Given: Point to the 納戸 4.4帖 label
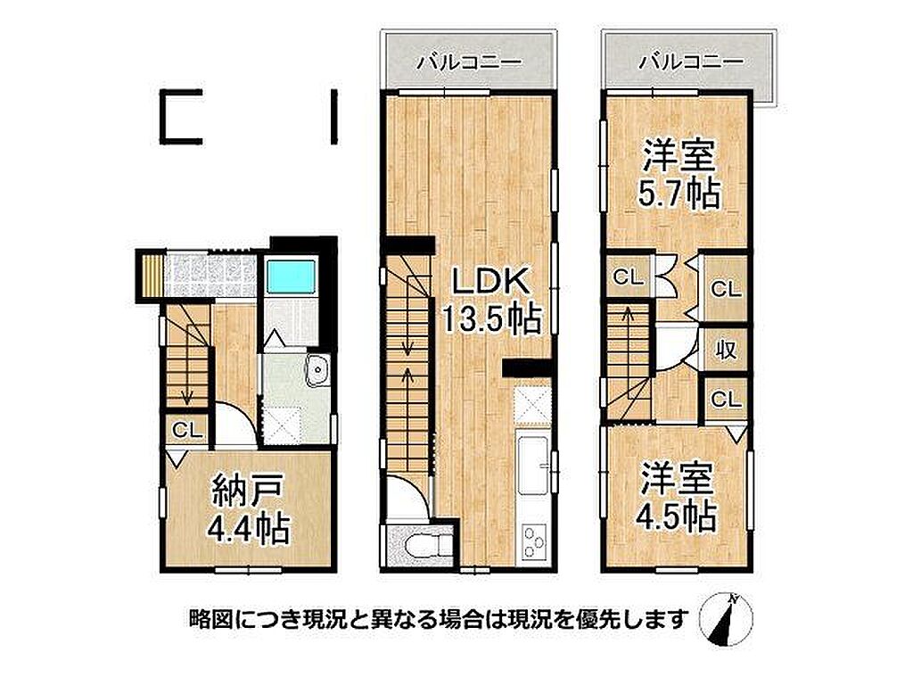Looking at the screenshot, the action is click(249, 508).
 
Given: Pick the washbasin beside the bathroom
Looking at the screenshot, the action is click(317, 370).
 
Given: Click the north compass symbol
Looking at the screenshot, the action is click(726, 619).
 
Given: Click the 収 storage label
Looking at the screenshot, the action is click(726, 351).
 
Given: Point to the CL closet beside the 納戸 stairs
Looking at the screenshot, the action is click(187, 431).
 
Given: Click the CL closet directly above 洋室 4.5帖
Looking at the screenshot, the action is click(726, 400).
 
